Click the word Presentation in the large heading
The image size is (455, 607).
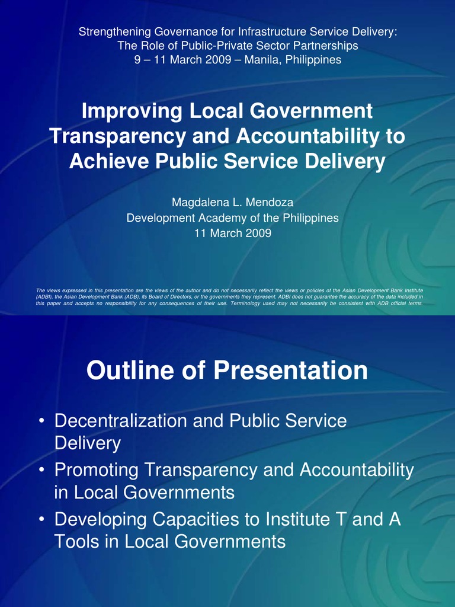(x=290, y=371)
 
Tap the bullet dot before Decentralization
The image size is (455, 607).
(x=41, y=422)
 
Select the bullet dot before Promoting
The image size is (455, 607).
(x=41, y=471)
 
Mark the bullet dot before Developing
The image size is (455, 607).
(x=41, y=520)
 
